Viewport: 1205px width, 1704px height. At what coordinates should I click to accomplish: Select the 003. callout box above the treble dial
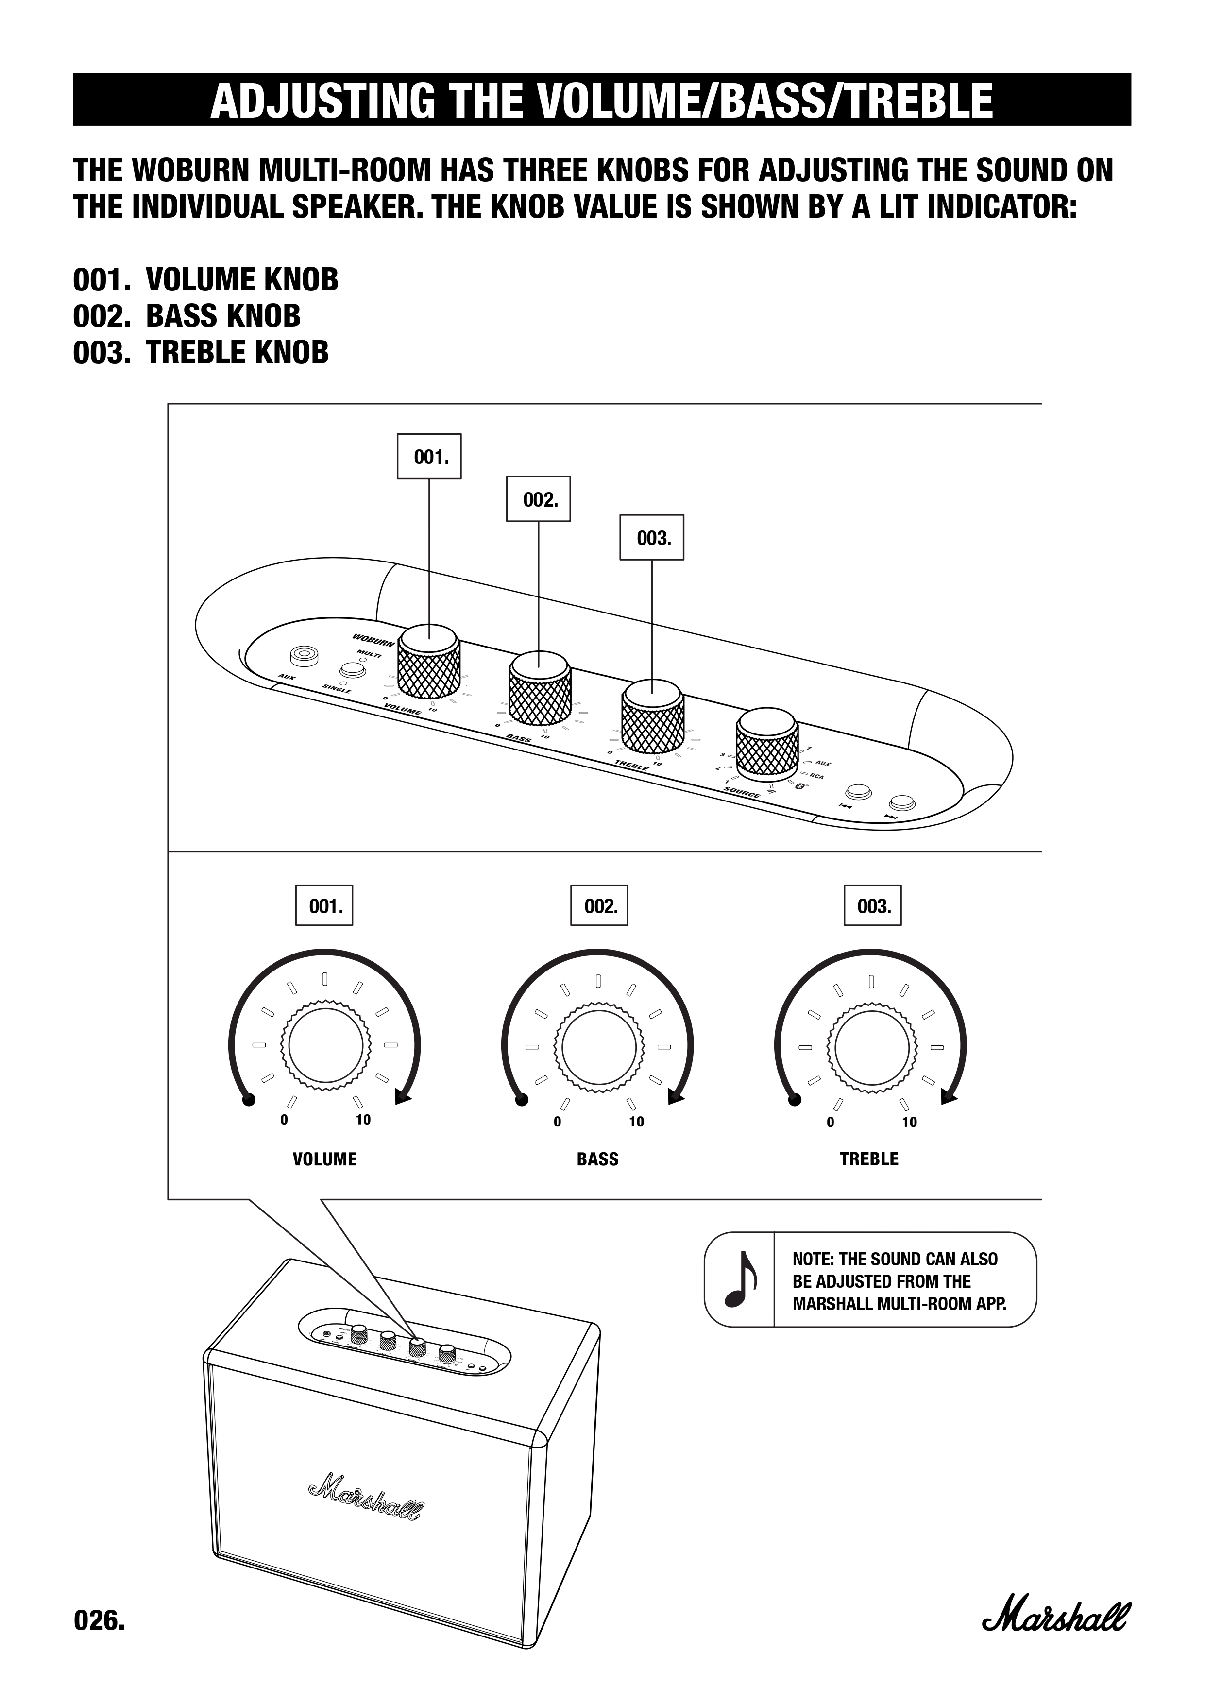(873, 905)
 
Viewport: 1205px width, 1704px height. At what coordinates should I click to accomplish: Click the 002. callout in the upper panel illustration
(539, 499)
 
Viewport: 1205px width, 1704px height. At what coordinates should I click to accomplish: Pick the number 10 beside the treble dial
(909, 1122)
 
